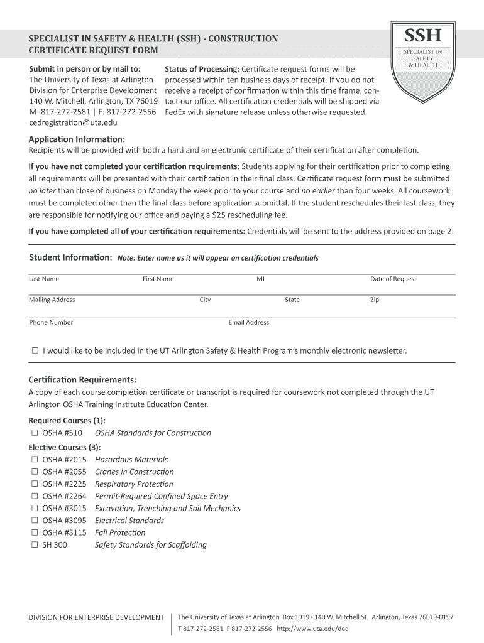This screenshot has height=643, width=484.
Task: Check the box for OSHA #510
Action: (x=35, y=433)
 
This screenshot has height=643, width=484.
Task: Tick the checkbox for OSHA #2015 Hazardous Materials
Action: (x=35, y=460)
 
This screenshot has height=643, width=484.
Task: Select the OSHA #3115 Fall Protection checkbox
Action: (x=35, y=532)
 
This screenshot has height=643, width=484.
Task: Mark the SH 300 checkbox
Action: (x=35, y=545)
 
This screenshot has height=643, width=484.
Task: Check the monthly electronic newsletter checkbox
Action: (x=35, y=350)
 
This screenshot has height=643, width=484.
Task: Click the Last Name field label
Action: (x=44, y=279)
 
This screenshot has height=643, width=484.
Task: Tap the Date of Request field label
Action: (x=393, y=279)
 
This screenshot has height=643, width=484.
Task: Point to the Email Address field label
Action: (x=248, y=322)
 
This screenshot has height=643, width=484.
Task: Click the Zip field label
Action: (x=375, y=300)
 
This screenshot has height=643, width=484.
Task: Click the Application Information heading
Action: (x=77, y=139)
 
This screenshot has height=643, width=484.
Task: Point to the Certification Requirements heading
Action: (x=82, y=380)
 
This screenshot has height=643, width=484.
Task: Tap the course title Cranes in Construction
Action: (x=134, y=472)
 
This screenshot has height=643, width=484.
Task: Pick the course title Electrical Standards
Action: (x=129, y=521)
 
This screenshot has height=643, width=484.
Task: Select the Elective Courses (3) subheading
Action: (x=65, y=447)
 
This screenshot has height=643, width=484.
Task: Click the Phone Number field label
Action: (x=51, y=322)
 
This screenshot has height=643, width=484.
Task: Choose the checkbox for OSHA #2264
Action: (x=35, y=496)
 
